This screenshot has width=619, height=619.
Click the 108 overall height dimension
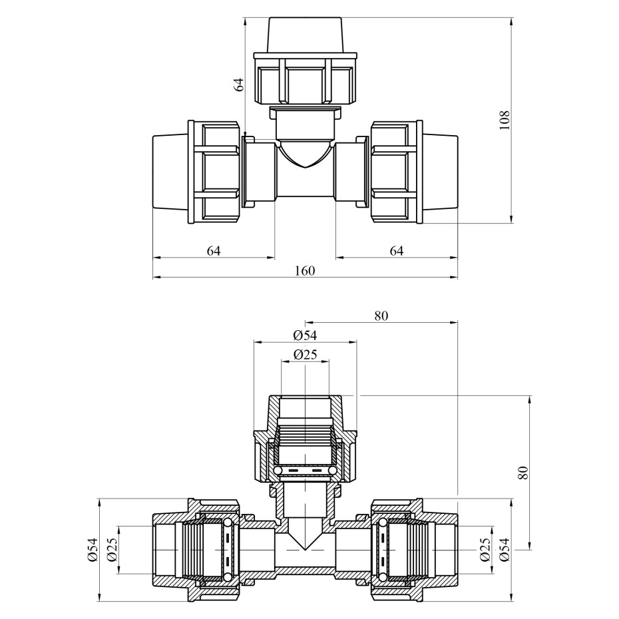[x=505, y=120]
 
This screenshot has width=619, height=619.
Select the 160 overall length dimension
[x=305, y=271]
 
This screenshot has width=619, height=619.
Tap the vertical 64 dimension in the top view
[x=239, y=85]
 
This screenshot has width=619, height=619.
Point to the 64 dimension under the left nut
[x=214, y=251]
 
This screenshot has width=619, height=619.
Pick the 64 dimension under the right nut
[x=396, y=251]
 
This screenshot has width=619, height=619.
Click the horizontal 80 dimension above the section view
[x=381, y=315]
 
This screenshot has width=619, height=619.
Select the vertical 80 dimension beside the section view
[x=522, y=473]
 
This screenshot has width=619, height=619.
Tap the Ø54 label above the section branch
[x=305, y=335]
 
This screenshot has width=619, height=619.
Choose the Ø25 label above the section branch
[x=305, y=355]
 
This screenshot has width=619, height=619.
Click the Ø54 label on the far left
[x=93, y=550]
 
